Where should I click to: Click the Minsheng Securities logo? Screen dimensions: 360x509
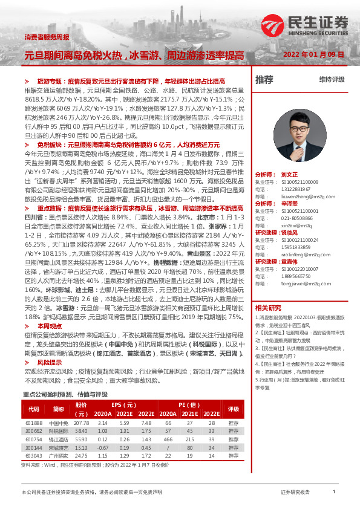click(305, 25)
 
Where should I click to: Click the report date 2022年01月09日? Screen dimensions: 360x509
click(313, 54)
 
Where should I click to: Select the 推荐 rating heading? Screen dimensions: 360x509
click(264, 79)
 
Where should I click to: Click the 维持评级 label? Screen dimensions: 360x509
click(332, 80)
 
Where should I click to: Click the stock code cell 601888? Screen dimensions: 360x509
click(34, 423)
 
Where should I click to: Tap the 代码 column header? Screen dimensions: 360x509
click(34, 409)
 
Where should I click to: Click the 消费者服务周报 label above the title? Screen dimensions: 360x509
click(46, 37)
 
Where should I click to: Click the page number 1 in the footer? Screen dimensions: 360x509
click(334, 493)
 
